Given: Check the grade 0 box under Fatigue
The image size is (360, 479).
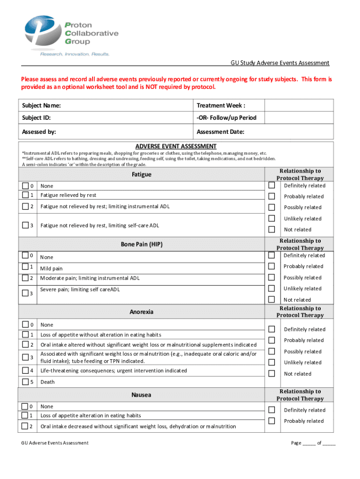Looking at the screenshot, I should click(25, 186).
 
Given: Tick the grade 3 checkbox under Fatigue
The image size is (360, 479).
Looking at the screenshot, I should click(25, 225).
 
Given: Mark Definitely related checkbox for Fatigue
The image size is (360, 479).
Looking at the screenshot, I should click(271, 185).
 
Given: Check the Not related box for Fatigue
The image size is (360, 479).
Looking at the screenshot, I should click(271, 229).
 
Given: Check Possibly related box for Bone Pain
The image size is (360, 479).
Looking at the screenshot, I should click(271, 277).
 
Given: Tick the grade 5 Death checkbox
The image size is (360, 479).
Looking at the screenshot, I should click(25, 382).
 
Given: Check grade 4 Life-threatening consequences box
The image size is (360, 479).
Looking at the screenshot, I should click(25, 370).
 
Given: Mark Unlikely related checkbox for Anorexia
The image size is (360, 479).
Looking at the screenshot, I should click(271, 362).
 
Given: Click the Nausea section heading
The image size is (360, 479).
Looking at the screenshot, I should click(141, 395).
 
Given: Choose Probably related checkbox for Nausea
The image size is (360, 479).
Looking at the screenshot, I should click(271, 421).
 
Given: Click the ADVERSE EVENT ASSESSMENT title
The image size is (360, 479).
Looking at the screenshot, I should click(176, 146).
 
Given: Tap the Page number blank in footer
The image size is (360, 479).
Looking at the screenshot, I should click(309, 443).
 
